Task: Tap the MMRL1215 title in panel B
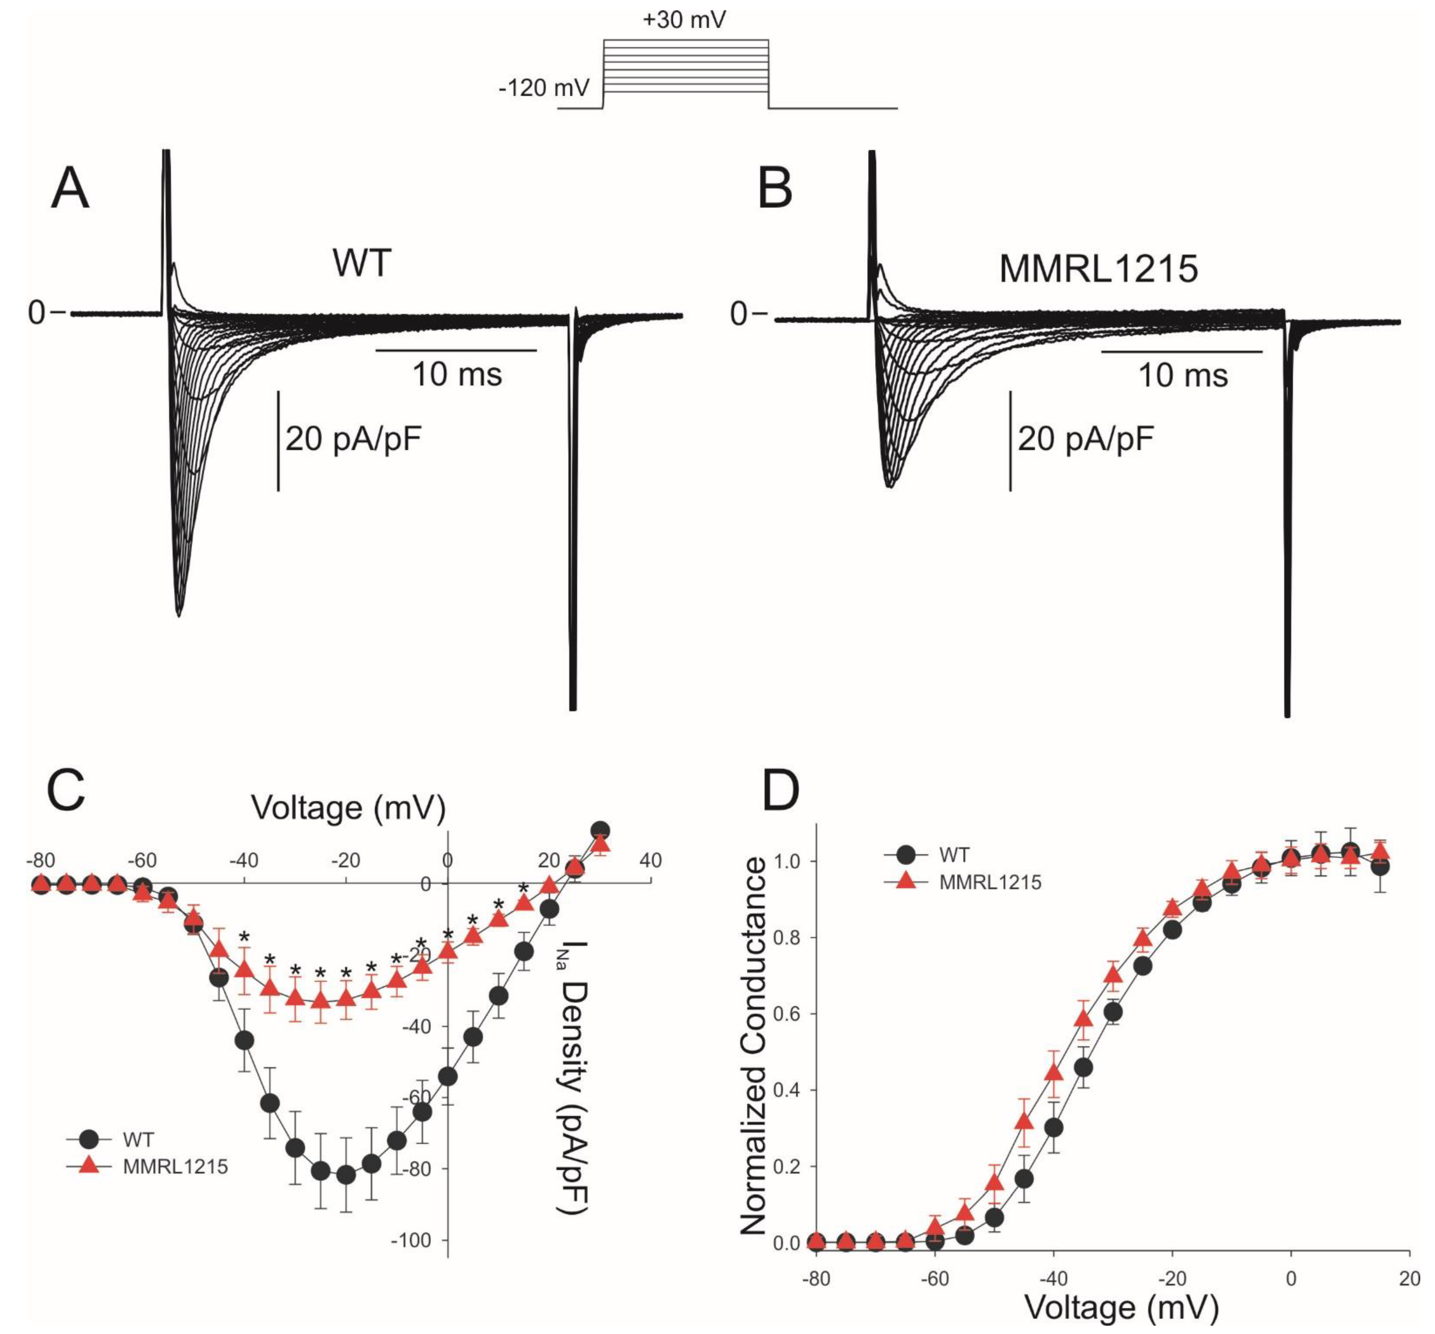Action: (x=1099, y=269)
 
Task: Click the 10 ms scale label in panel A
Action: (x=457, y=375)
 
